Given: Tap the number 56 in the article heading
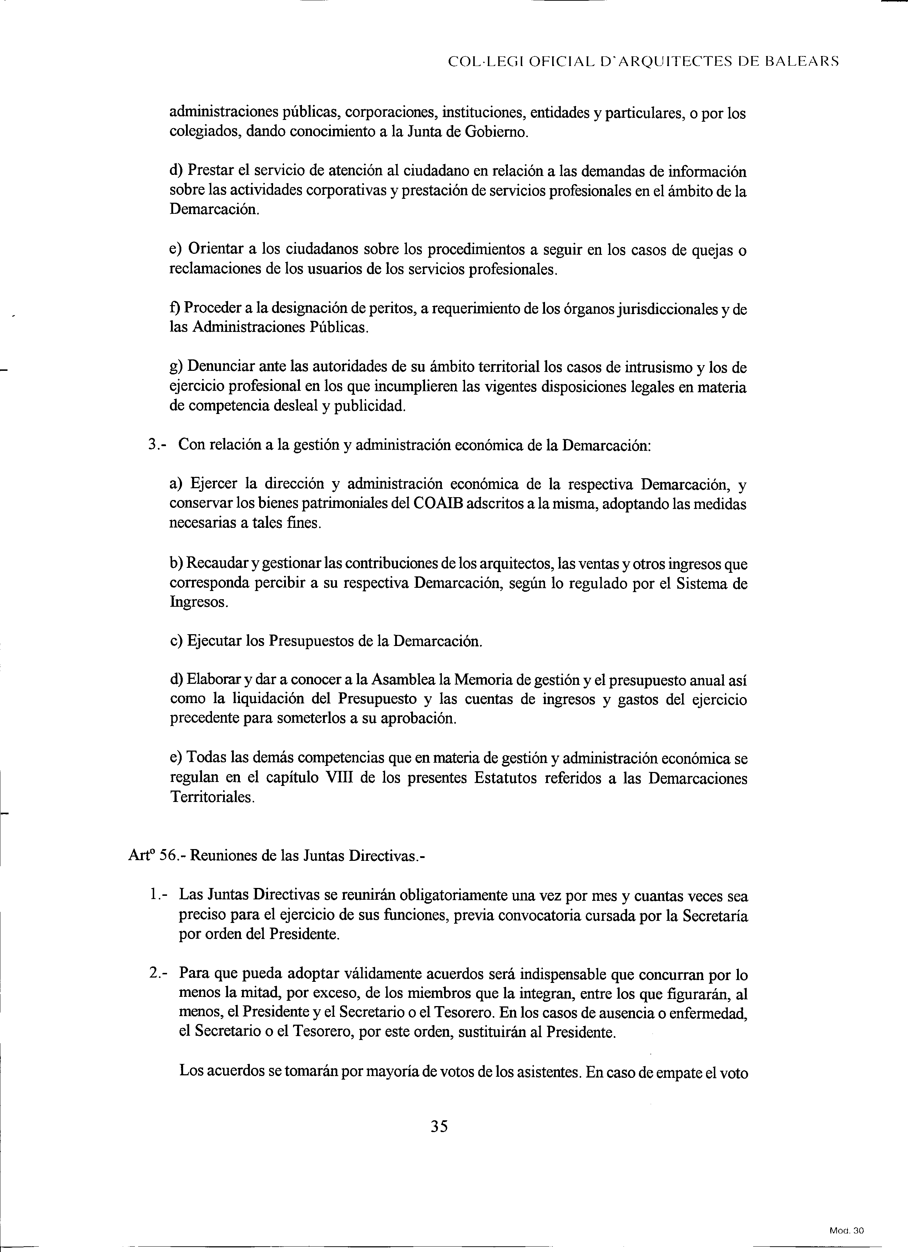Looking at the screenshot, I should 167,855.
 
